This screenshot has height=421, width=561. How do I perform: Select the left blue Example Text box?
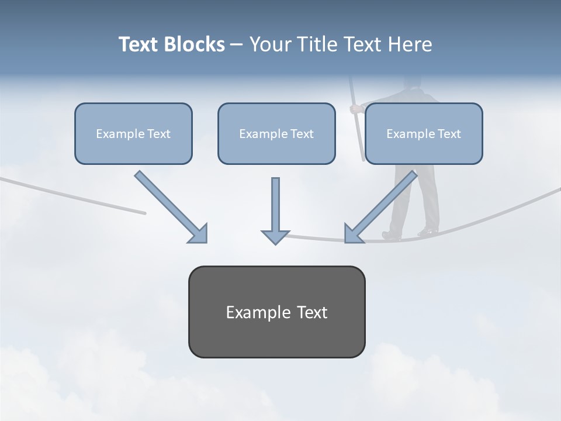[133, 133]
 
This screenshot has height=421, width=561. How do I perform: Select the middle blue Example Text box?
[276, 133]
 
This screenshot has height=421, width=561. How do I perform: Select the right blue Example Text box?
[424, 133]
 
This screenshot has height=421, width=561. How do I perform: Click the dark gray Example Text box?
[276, 312]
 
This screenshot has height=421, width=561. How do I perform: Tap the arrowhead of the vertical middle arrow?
[275, 237]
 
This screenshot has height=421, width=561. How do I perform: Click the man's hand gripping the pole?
[354, 108]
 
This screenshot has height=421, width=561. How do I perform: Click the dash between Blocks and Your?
[237, 44]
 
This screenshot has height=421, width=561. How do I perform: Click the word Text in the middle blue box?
[302, 133]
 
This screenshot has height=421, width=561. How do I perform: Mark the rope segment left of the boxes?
[70, 193]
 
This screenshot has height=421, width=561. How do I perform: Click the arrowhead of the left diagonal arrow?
[199, 233]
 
